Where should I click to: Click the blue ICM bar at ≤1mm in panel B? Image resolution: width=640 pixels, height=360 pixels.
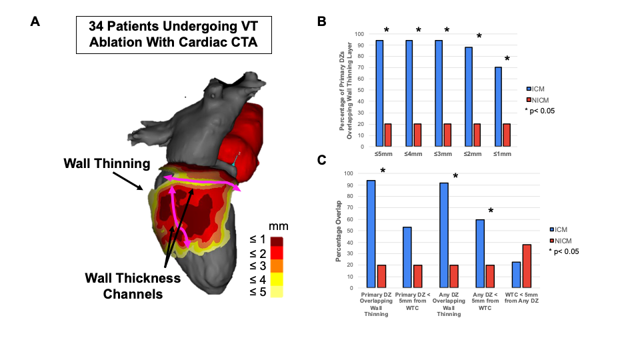pyautogui.click(x=497, y=107)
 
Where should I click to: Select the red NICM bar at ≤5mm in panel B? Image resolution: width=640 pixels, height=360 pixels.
pyautogui.click(x=388, y=135)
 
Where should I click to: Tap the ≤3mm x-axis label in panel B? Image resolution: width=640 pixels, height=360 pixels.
pyautogui.click(x=442, y=155)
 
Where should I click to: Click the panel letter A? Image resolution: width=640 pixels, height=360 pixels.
pyautogui.click(x=35, y=21)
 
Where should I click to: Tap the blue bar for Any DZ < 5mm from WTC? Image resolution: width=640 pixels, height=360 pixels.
pyautogui.click(x=480, y=253)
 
